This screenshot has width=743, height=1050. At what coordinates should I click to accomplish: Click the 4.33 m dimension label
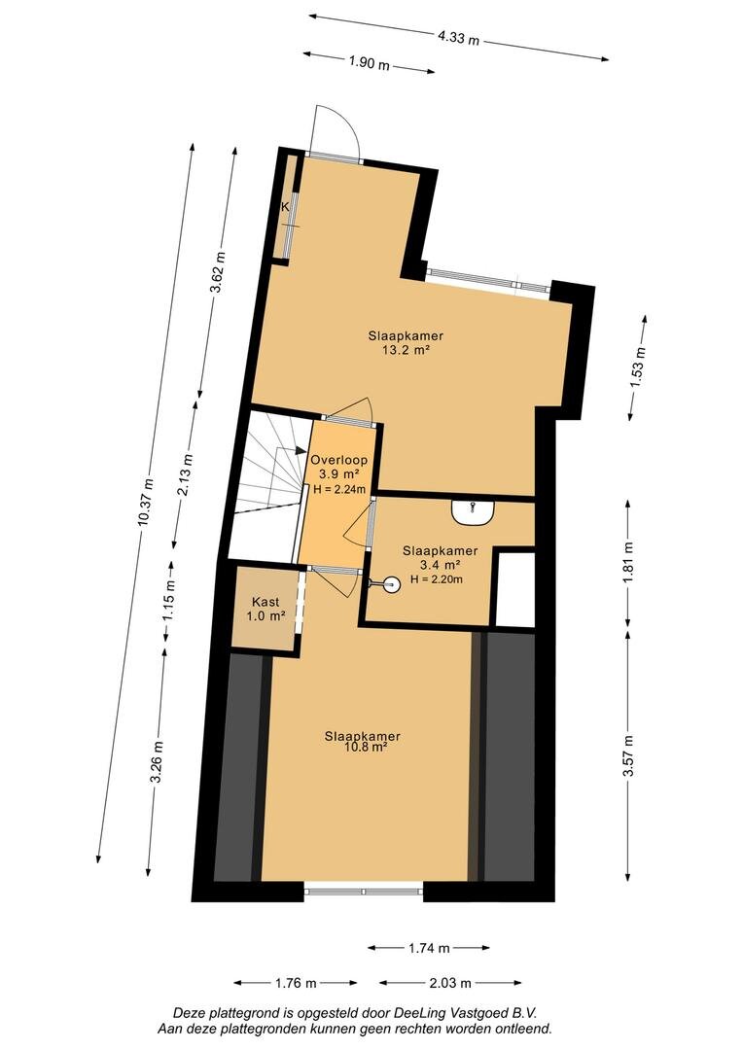point(459,38)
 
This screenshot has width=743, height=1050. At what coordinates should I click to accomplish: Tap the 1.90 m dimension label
point(369,63)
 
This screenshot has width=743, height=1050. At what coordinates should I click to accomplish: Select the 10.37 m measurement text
point(146,503)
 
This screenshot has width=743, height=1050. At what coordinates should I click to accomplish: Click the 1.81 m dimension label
point(628,563)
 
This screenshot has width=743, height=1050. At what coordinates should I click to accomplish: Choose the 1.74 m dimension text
point(429,948)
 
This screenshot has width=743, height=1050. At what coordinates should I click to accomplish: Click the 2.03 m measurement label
point(450,983)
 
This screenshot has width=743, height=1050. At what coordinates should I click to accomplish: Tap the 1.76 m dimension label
point(296,983)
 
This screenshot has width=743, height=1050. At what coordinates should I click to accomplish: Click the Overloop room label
point(338,460)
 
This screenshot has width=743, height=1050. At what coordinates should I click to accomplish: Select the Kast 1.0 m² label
point(265,609)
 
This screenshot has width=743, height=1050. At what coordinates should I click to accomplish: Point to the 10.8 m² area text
point(363,748)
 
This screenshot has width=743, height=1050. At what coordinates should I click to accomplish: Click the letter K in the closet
point(285,207)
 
